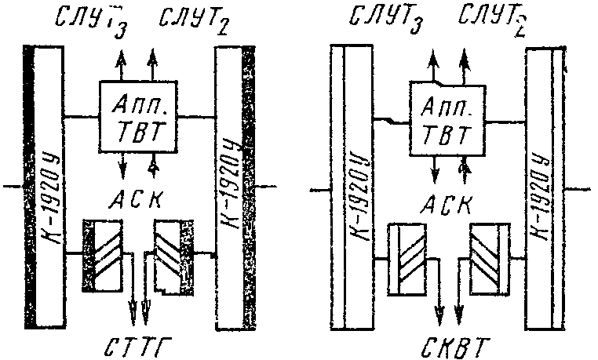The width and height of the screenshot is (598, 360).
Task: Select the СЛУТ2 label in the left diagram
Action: (193, 20)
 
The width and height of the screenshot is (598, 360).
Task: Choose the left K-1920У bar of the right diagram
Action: (351, 188)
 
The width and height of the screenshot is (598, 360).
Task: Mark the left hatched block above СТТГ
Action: (105, 255)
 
